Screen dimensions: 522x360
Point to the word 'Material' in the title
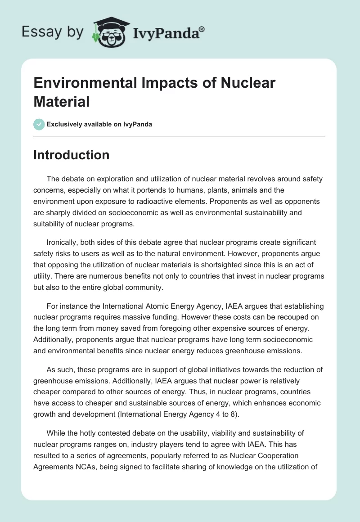tap(62, 101)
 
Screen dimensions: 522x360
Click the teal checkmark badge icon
tap(39, 124)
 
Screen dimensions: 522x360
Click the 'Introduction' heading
tap(72, 155)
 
